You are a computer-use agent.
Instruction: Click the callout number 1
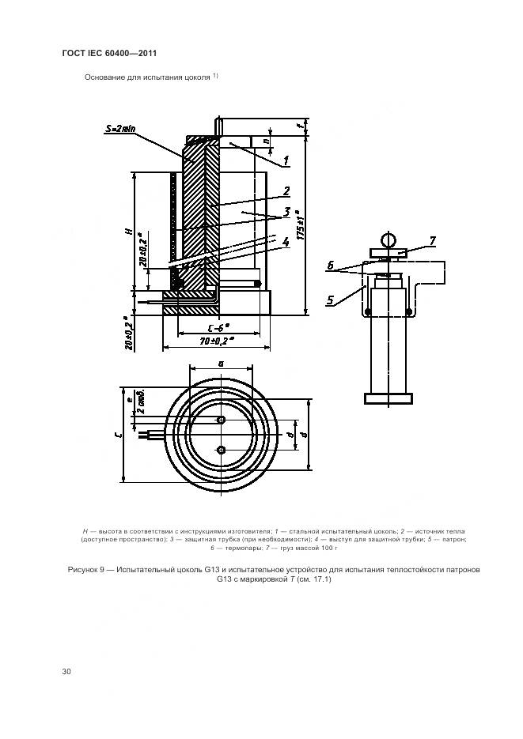[286, 160]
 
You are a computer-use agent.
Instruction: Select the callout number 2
[286, 190]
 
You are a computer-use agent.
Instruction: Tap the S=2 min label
[120, 128]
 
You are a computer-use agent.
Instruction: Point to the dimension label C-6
[213, 326]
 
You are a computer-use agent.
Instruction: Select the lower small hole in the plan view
[221, 450]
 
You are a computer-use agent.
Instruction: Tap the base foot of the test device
[387, 398]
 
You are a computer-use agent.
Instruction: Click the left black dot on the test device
[367, 311]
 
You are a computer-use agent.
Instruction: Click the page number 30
[66, 672]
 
